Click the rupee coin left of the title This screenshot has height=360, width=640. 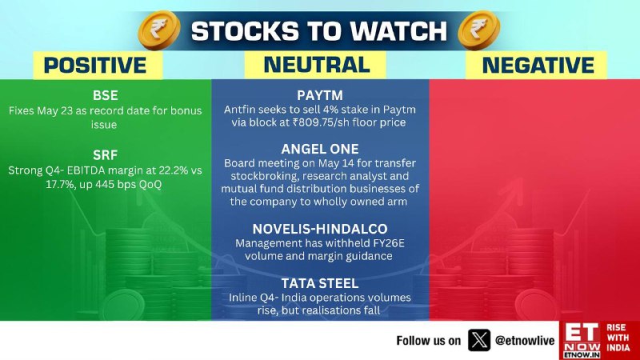[x=159, y=30]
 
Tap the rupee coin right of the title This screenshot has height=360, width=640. [x=478, y=30]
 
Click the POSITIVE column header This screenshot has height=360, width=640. [x=95, y=66]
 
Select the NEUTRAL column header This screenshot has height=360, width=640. [x=317, y=65]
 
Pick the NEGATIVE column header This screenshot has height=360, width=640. [x=538, y=66]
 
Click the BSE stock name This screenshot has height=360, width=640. [x=106, y=95]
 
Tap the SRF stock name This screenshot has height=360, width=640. [x=106, y=155]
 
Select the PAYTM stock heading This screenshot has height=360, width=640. [x=320, y=95]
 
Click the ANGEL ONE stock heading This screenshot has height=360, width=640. [x=320, y=149]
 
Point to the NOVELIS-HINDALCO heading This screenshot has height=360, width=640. [x=320, y=229]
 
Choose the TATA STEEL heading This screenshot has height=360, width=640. [x=320, y=283]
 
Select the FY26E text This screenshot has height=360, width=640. [x=389, y=243]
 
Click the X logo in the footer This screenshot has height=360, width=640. [x=478, y=340]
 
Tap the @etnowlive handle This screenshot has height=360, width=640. [x=525, y=341]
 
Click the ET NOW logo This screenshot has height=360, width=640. [x=582, y=341]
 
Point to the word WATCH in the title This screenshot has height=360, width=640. [x=398, y=31]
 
